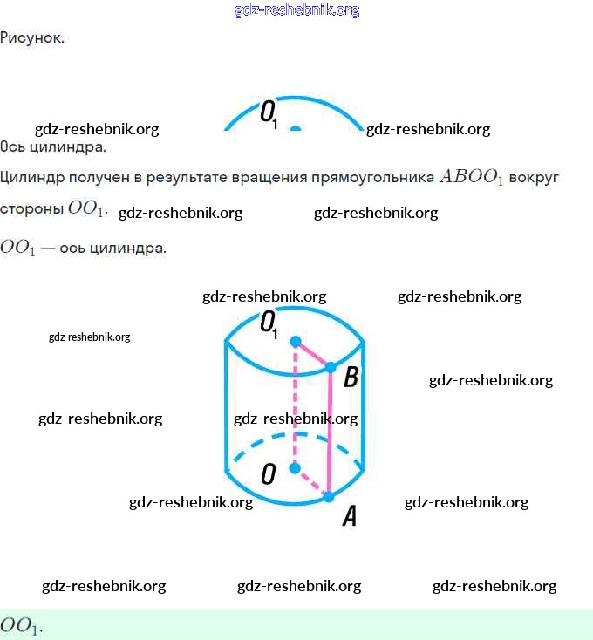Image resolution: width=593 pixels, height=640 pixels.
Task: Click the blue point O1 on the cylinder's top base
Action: point(296,340)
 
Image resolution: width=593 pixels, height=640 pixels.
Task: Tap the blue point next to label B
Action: point(331,368)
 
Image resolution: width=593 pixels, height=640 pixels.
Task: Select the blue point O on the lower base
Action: point(295,469)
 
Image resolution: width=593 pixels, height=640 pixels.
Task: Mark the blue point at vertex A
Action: point(329,496)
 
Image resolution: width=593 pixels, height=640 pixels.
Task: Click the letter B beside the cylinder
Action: point(351,378)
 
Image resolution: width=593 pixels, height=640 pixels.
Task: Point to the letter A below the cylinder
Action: point(349,517)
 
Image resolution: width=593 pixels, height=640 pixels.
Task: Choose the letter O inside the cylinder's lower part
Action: point(269,473)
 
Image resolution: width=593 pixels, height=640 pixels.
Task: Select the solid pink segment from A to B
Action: point(330,432)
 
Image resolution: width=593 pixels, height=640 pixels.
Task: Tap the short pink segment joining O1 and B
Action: point(313,354)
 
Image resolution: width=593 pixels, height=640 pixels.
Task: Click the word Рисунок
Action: point(31,38)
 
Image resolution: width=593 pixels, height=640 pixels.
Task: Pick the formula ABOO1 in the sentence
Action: point(472,178)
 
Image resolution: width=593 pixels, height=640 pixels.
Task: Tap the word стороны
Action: point(31,209)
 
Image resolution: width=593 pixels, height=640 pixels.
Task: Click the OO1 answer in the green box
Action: point(21,626)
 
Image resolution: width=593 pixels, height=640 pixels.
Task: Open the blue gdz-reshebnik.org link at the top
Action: point(296,10)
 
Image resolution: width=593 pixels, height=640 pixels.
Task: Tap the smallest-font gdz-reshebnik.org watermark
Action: point(89,337)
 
